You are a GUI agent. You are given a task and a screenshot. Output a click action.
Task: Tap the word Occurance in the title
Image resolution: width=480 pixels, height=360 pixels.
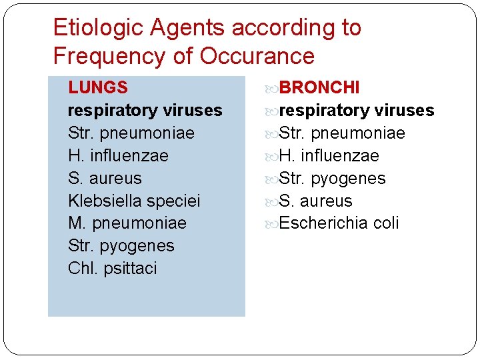(x=257, y=56)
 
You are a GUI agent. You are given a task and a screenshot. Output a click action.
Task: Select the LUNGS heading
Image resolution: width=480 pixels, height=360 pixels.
(x=98, y=87)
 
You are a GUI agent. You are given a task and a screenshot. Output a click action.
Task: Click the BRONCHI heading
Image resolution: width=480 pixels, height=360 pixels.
(x=319, y=87)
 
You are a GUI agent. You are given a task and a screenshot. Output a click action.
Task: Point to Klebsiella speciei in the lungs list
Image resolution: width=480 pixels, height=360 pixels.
(x=134, y=201)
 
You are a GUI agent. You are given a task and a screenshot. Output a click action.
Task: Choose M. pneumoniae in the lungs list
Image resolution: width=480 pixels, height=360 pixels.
(x=127, y=223)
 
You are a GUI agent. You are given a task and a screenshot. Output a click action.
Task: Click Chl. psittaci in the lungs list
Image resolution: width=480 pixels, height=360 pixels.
(x=113, y=268)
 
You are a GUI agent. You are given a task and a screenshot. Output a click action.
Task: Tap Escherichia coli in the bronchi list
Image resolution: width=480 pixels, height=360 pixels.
(x=339, y=223)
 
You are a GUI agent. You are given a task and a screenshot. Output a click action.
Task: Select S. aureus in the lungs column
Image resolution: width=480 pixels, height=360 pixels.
(x=105, y=178)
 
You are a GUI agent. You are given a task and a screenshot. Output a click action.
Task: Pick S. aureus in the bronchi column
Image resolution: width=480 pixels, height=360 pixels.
(x=315, y=201)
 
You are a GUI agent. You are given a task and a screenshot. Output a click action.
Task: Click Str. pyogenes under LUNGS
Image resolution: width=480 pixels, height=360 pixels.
(x=121, y=245)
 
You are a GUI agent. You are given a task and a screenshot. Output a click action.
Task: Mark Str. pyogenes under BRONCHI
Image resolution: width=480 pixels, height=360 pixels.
(x=332, y=178)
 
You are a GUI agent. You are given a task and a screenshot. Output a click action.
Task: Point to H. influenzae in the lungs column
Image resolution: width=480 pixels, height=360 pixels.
(x=118, y=155)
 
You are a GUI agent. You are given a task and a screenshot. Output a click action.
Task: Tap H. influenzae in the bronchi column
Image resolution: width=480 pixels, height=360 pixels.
(x=329, y=155)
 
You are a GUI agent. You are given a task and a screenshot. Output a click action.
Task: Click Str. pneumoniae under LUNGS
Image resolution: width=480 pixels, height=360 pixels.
(x=131, y=133)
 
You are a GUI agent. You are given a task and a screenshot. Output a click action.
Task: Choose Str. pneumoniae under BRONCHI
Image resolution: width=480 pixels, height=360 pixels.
(x=342, y=133)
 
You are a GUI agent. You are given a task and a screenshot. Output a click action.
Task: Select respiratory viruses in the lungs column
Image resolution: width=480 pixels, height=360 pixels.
(x=145, y=110)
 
